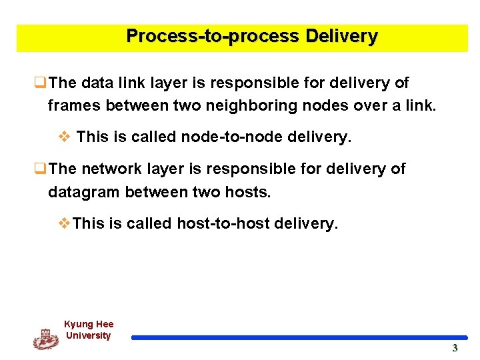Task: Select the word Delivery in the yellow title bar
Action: click(341, 36)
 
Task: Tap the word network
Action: click(115, 169)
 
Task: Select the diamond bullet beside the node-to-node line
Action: click(64, 137)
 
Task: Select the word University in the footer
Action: click(88, 335)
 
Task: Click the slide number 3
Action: click(455, 348)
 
